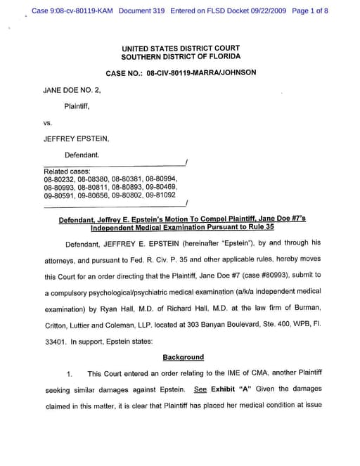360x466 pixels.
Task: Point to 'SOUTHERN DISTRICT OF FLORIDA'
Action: [x=181, y=56]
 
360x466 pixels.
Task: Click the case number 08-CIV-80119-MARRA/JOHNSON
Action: [x=201, y=72]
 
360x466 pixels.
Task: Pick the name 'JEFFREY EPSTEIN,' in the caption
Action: [x=76, y=138]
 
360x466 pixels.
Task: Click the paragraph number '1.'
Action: [x=69, y=373]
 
